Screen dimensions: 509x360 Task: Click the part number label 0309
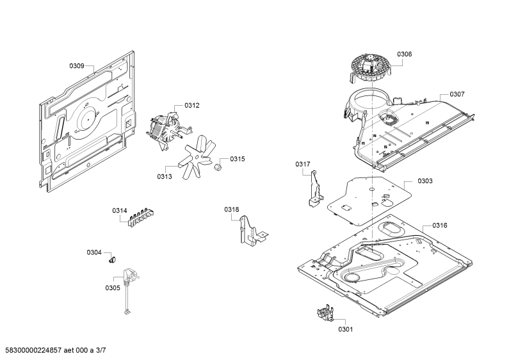77,66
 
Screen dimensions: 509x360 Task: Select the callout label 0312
192,105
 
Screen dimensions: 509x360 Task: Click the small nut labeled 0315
218,167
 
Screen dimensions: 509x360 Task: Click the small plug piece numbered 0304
112,259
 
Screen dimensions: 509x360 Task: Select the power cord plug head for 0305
131,276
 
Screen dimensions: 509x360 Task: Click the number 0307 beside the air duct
456,94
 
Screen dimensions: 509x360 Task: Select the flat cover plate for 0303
369,200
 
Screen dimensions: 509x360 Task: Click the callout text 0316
439,225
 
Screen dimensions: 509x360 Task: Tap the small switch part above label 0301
325,313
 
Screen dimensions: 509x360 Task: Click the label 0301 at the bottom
345,329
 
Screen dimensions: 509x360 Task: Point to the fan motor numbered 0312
166,131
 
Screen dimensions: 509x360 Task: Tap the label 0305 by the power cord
112,288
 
